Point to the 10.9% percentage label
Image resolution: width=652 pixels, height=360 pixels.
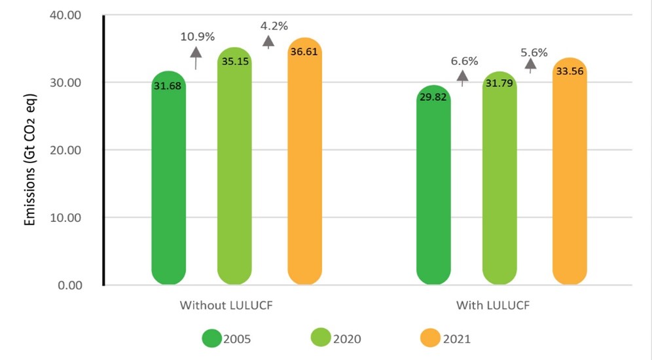click(197, 37)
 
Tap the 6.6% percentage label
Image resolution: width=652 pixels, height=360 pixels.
click(464, 62)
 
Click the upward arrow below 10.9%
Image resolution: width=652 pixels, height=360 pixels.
click(196, 58)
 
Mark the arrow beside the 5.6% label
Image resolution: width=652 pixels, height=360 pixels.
click(531, 64)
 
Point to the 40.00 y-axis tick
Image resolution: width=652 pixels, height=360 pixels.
click(64, 14)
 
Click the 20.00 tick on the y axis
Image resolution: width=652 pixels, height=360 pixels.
click(64, 150)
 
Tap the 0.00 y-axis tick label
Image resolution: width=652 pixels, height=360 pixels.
click(67, 285)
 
